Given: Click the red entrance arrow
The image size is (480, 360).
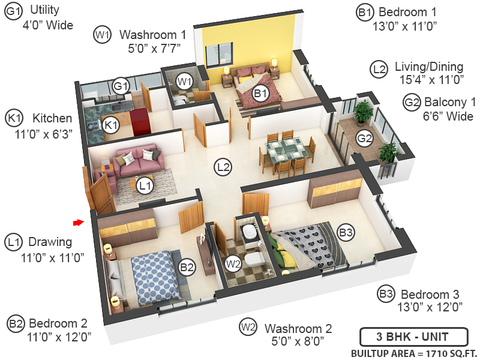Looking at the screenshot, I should click(77, 223).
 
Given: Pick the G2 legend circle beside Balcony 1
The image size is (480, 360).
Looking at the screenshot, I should click(411, 103).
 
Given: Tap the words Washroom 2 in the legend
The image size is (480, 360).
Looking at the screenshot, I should click(298, 329).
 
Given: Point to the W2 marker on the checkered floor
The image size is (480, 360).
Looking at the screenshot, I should click(233, 262).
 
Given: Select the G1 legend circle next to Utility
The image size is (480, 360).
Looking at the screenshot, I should click(13, 12).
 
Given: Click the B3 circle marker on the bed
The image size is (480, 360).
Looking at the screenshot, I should click(346, 232).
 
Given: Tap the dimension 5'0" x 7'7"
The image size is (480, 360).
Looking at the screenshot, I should click(149, 48).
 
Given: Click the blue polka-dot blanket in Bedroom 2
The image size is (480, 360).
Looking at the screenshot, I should click(153, 274).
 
